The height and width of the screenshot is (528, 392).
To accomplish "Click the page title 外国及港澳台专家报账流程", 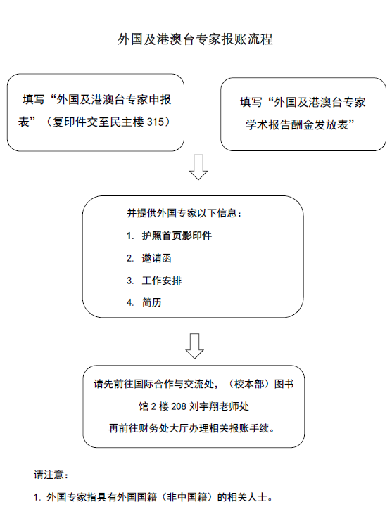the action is click(x=195, y=39).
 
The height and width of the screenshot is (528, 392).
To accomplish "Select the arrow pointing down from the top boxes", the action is click(x=198, y=167).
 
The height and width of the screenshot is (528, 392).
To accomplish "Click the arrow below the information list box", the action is click(x=194, y=346).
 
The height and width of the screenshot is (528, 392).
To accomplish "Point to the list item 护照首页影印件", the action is click(x=177, y=236).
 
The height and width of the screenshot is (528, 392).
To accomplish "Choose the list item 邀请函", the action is click(x=156, y=258).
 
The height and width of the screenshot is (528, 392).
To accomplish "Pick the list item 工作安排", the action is click(x=162, y=281).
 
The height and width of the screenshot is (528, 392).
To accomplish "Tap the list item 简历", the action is click(x=152, y=302).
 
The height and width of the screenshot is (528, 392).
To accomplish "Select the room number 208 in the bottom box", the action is click(x=179, y=406).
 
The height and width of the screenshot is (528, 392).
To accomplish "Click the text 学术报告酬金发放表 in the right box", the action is click(x=296, y=125).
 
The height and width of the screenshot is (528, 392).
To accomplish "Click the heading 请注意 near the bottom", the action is click(x=49, y=475).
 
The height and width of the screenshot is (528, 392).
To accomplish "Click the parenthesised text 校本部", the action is click(x=249, y=384).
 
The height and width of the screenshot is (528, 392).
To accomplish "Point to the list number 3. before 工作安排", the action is click(x=130, y=281).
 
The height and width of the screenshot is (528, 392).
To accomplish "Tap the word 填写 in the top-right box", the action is click(x=251, y=102).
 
